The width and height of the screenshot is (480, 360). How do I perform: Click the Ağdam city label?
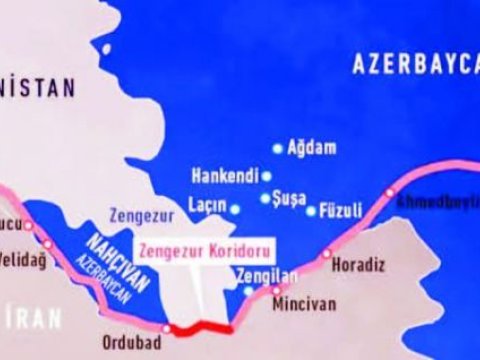(x=311, y=146)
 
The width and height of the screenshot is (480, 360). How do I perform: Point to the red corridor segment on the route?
(x=200, y=328)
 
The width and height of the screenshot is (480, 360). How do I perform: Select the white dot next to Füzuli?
(x=311, y=211)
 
